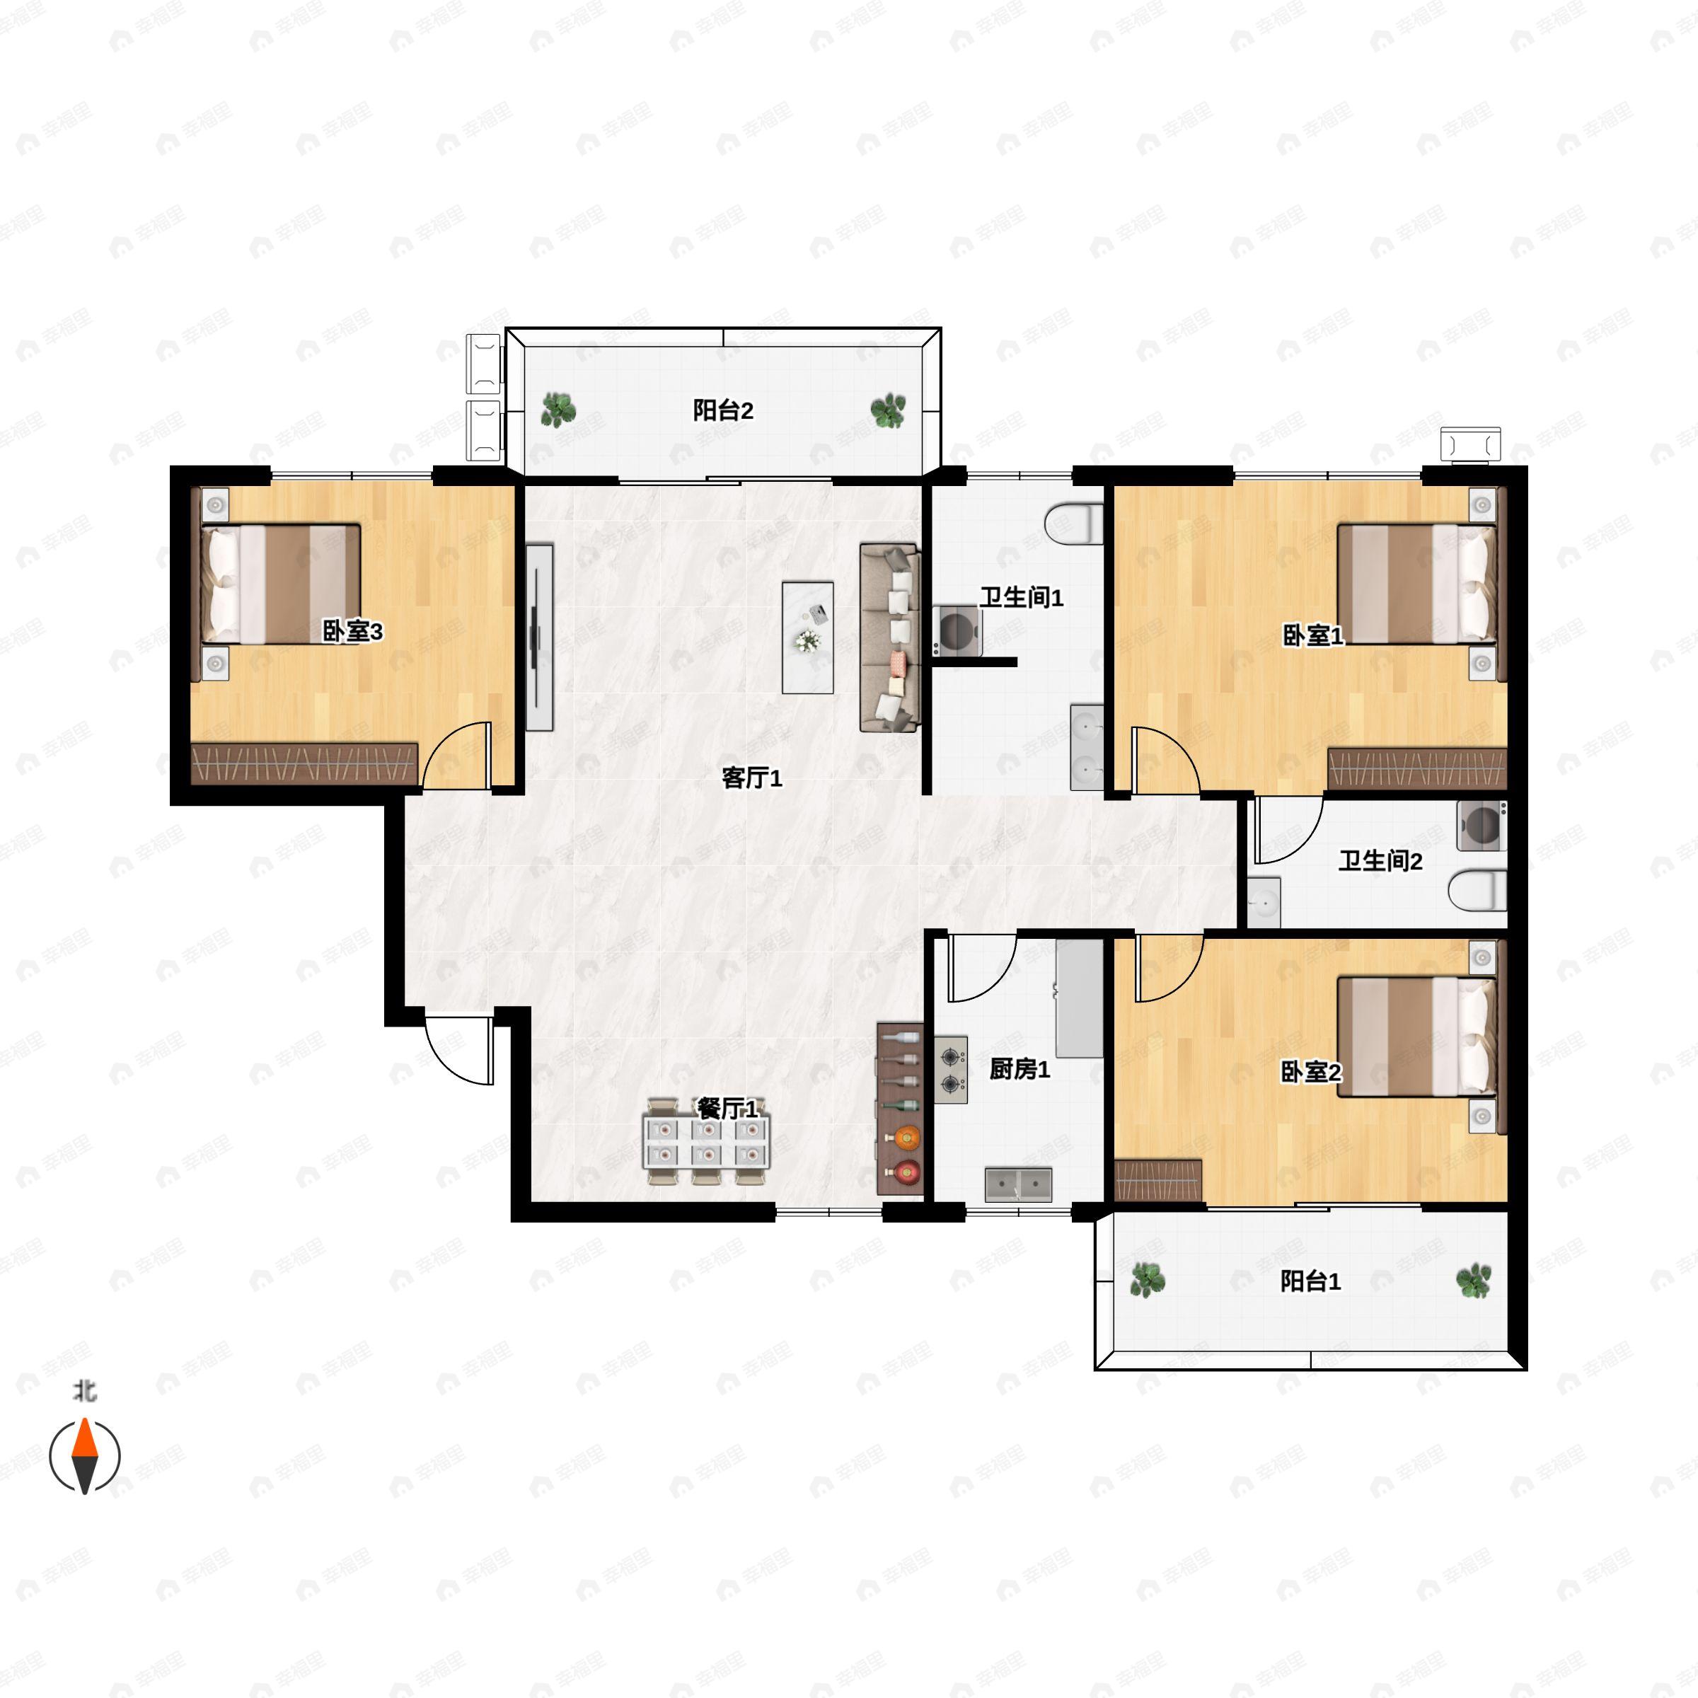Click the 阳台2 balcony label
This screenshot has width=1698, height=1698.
click(x=722, y=410)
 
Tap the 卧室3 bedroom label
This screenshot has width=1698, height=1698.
click(x=352, y=631)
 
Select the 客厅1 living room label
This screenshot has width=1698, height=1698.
click(x=751, y=777)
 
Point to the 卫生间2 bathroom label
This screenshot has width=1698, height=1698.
click(x=1380, y=860)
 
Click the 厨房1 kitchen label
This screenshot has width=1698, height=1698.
click(x=1020, y=1069)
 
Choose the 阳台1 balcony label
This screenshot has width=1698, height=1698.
click(x=1310, y=1281)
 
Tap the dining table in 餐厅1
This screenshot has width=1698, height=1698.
click(x=707, y=1140)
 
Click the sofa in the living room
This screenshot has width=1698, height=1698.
click(x=889, y=638)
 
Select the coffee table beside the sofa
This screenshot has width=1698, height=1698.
click(x=808, y=637)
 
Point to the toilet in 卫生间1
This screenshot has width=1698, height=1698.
click(x=1074, y=523)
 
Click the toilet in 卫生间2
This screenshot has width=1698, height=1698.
click(x=1477, y=890)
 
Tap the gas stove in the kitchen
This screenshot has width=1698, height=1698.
click(x=951, y=1070)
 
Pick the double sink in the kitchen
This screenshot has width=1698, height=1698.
click(x=1019, y=1185)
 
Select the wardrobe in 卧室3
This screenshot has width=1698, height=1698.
click(x=304, y=764)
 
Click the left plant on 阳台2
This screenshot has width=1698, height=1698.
click(x=558, y=410)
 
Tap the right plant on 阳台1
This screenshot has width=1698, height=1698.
click(x=1474, y=1281)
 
